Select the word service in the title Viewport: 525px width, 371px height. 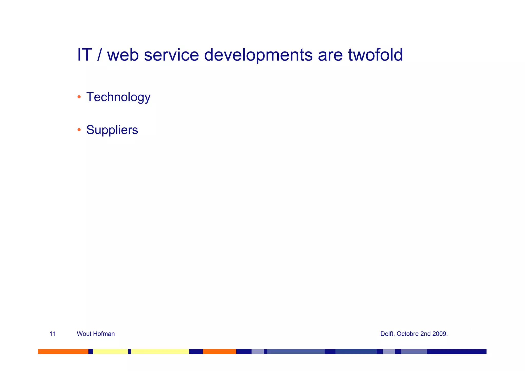tap(171, 55)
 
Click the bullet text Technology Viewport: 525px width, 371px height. tap(118, 97)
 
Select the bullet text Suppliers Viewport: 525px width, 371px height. tap(112, 130)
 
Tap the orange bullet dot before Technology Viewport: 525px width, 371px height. tap(79, 97)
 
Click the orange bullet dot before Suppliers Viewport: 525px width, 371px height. tap(79, 130)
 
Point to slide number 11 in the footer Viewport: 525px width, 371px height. tap(53, 334)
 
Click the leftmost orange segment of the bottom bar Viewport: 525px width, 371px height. tap(63, 351)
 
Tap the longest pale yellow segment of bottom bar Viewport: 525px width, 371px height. tap(160, 351)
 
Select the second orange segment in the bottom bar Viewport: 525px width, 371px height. tap(219, 351)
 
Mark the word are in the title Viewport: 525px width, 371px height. tap(330, 55)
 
